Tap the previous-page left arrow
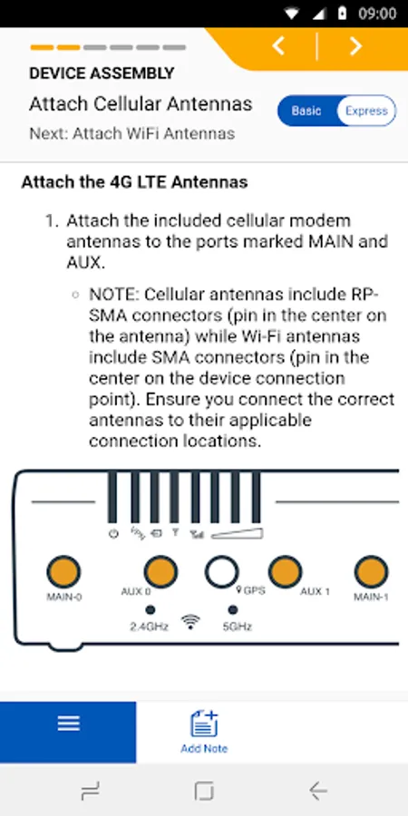click(278, 46)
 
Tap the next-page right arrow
click(355, 46)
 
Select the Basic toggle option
click(306, 111)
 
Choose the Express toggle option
click(367, 111)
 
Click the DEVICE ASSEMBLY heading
click(102, 73)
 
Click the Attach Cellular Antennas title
click(141, 104)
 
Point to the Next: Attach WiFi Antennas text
click(132, 134)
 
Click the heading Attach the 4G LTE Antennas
click(134, 182)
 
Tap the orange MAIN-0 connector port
click(63, 571)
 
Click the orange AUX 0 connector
click(160, 571)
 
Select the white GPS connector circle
click(222, 571)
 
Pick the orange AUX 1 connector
click(286, 571)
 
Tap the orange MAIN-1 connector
click(371, 571)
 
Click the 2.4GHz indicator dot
click(151, 609)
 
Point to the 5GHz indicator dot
click(233, 609)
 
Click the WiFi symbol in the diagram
click(191, 621)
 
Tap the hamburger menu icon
click(68, 723)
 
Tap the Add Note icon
click(204, 724)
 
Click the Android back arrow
click(317, 791)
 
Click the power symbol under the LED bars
click(113, 533)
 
